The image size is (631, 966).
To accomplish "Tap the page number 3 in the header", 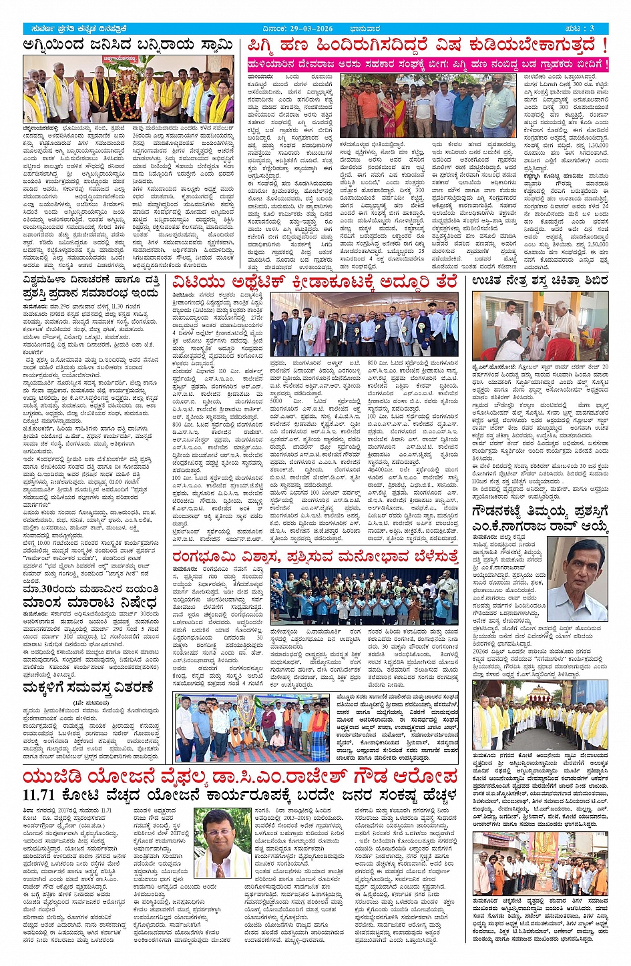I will tap(592, 29).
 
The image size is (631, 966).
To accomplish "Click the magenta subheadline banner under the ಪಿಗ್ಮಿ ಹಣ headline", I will tap(427, 65).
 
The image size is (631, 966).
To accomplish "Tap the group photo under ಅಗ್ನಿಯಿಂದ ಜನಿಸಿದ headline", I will tap(128, 89).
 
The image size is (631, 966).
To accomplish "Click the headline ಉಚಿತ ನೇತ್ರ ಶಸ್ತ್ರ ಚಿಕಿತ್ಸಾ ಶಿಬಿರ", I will tap(540, 280).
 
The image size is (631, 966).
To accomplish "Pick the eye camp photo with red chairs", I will tap(540, 326).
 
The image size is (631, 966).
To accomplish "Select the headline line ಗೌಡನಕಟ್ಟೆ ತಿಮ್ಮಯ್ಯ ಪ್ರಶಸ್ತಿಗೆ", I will tap(540, 512).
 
